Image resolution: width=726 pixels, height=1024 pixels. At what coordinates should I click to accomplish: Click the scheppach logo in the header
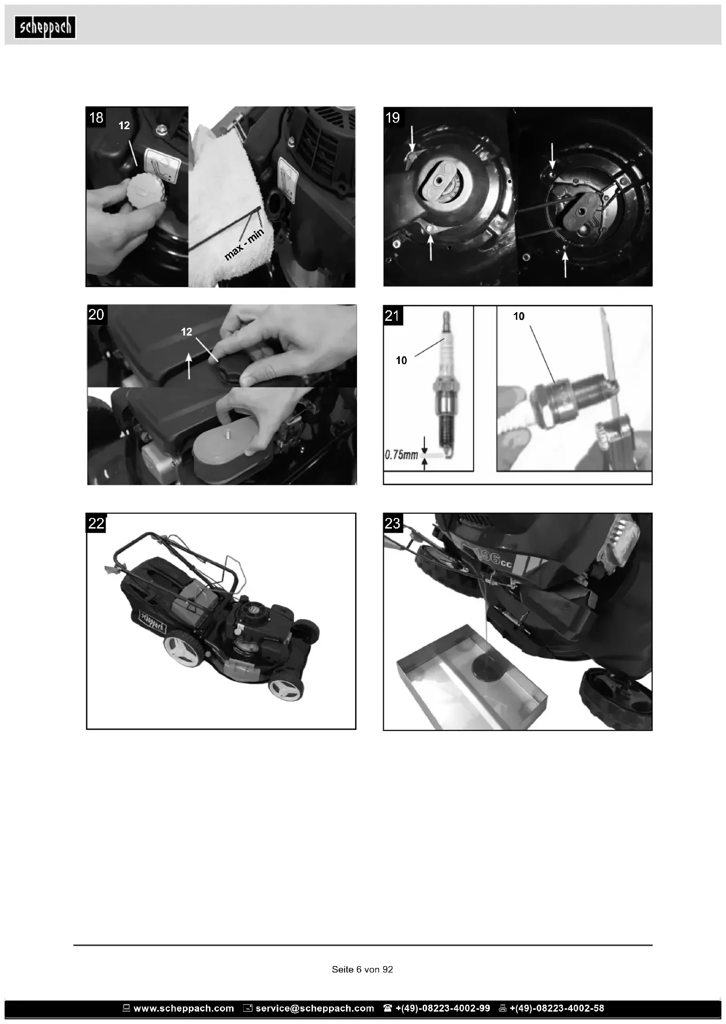coord(45,28)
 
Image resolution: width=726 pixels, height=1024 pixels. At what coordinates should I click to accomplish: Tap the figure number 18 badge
coord(96,117)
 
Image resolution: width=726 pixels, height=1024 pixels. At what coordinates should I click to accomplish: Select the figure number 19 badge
coord(393,118)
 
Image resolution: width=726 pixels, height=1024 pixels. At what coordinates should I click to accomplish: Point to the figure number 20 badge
coord(96,314)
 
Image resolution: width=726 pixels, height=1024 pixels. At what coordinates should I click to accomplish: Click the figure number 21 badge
coord(393,316)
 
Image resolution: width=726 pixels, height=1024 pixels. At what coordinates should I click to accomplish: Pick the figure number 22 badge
coord(96,523)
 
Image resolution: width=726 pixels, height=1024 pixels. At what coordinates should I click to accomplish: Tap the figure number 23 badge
coord(393,523)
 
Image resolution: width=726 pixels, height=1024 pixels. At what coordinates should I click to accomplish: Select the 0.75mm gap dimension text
coord(401,455)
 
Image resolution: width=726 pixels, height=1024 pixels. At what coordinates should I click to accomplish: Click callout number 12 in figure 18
coord(124,125)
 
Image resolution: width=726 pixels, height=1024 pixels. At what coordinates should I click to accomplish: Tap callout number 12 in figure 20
coord(187,332)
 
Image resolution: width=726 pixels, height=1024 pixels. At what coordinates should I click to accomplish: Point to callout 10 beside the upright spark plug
coord(402,360)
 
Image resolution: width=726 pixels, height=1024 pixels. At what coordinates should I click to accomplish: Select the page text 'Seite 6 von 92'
coord(363,969)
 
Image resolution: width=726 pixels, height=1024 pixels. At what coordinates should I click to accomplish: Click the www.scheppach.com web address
coord(184,1008)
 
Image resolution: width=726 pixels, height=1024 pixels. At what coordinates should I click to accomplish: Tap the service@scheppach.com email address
coord(315,1008)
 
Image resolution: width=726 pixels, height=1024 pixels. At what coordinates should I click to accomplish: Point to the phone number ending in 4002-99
coord(442,1008)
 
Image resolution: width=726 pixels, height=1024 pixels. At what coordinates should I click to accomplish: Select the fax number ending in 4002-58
coord(557,1008)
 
